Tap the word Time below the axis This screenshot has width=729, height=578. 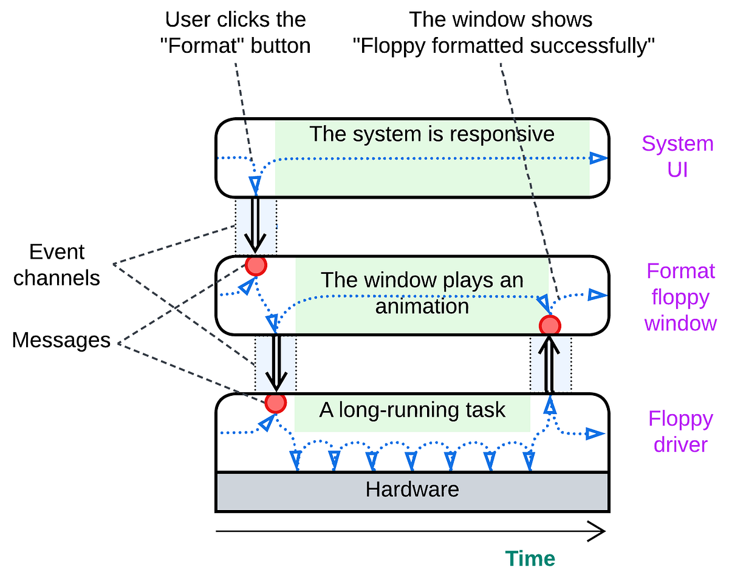pyautogui.click(x=530, y=559)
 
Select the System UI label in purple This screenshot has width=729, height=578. pyautogui.click(x=677, y=157)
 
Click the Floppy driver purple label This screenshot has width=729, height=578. pyautogui.click(x=680, y=432)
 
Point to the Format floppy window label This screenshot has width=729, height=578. pyautogui.click(x=680, y=297)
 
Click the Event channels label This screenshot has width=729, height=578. pyautogui.click(x=57, y=265)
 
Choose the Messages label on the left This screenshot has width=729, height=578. pyautogui.click(x=61, y=341)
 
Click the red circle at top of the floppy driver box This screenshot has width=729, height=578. pyautogui.click(x=275, y=403)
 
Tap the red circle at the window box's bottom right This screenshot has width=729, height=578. pyautogui.click(x=550, y=325)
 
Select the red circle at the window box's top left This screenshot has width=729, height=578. pyautogui.click(x=256, y=265)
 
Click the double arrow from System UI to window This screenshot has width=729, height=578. pyautogui.click(x=255, y=225)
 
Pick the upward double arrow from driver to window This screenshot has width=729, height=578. pyautogui.click(x=550, y=364)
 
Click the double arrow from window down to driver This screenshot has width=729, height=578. pyautogui.click(x=276, y=363)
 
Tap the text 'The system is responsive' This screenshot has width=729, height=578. pyautogui.click(x=432, y=134)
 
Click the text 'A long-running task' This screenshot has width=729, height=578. pyautogui.click(x=412, y=410)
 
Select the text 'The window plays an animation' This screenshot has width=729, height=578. pyautogui.click(x=422, y=293)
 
